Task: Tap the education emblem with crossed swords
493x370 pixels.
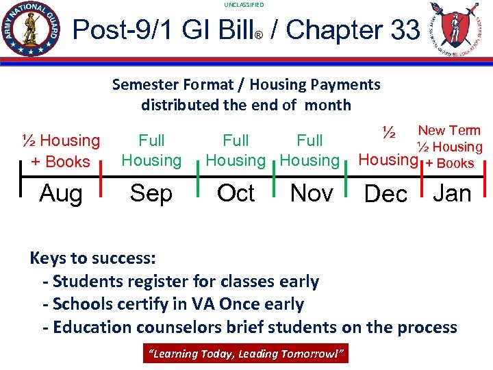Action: (x=453, y=30)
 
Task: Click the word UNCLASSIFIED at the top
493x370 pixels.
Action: (x=243, y=5)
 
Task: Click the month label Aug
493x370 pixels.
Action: (x=60, y=193)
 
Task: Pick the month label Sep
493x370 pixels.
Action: (x=151, y=193)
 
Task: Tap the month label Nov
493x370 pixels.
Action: (x=312, y=193)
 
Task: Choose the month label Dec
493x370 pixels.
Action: (x=385, y=194)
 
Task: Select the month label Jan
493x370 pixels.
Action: (x=452, y=193)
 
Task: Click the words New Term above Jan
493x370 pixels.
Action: (x=449, y=130)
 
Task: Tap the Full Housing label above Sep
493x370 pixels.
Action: (x=151, y=151)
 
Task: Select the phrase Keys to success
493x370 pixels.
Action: (x=93, y=258)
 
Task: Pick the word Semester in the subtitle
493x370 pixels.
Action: (x=143, y=84)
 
